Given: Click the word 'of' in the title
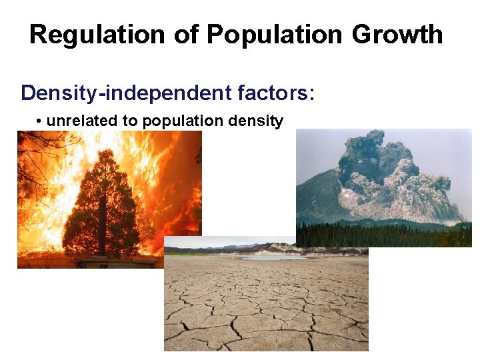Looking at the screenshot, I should click(x=179, y=35).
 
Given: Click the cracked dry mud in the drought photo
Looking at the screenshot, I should click(x=267, y=307).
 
